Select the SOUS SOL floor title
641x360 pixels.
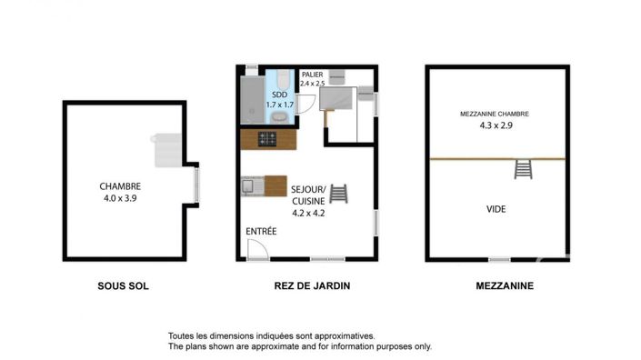123,285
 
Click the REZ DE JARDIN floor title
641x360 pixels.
312,285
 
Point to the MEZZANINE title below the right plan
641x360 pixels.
505,285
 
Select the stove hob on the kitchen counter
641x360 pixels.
268,139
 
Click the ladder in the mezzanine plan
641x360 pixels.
522,169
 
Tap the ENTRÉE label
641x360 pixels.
261,232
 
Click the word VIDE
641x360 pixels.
496,209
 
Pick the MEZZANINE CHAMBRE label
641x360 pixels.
495,114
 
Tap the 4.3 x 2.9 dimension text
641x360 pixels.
496,125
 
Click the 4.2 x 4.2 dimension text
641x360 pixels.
308,213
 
